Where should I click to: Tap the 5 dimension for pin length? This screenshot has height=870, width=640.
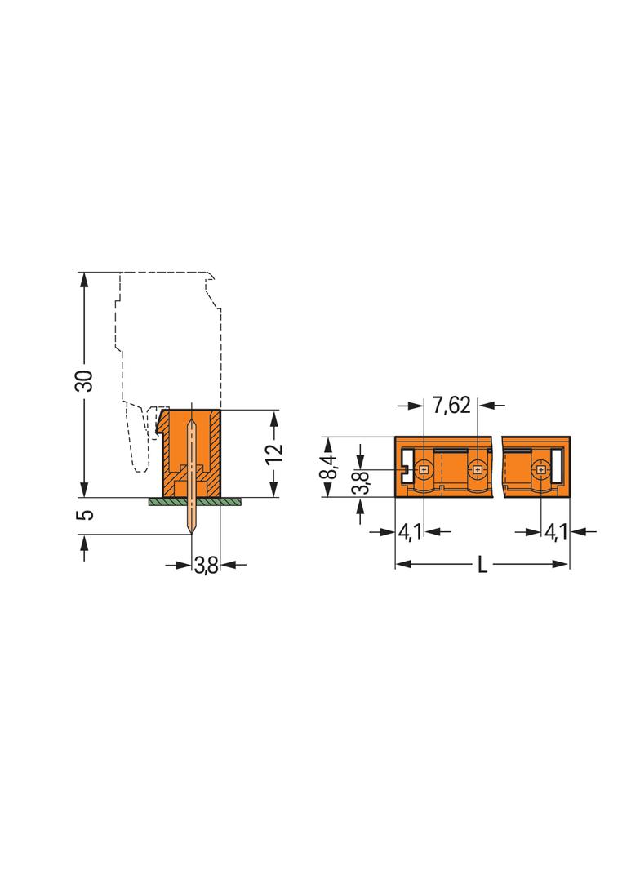87,514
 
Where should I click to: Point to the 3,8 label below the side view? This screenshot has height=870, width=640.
206,564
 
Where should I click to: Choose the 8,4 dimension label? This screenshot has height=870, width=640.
327,466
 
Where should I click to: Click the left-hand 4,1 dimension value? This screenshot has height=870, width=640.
409,532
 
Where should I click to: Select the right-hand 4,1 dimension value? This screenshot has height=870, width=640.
556,532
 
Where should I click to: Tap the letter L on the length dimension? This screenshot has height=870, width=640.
482,565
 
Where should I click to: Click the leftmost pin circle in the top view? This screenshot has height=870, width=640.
424,469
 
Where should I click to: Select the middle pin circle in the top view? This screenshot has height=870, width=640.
477,469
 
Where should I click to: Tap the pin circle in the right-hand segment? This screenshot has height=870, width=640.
540,469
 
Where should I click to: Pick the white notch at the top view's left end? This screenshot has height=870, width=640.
404,469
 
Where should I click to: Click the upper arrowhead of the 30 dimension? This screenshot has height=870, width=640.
84,277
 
